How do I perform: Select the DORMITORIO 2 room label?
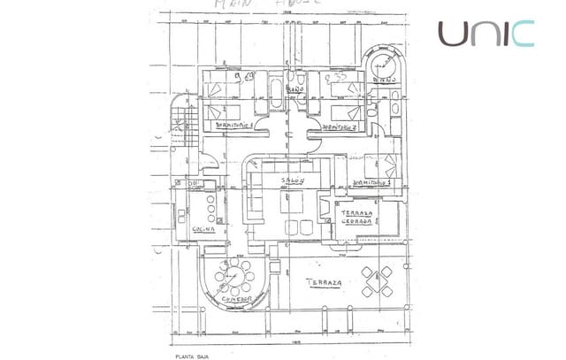(340, 127)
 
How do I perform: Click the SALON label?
(293, 181)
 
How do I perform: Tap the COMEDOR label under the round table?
(234, 300)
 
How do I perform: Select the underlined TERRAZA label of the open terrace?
(325, 283)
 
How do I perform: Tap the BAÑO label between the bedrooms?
(295, 91)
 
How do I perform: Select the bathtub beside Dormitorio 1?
(272, 91)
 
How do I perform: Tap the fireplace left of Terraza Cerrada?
(323, 212)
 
